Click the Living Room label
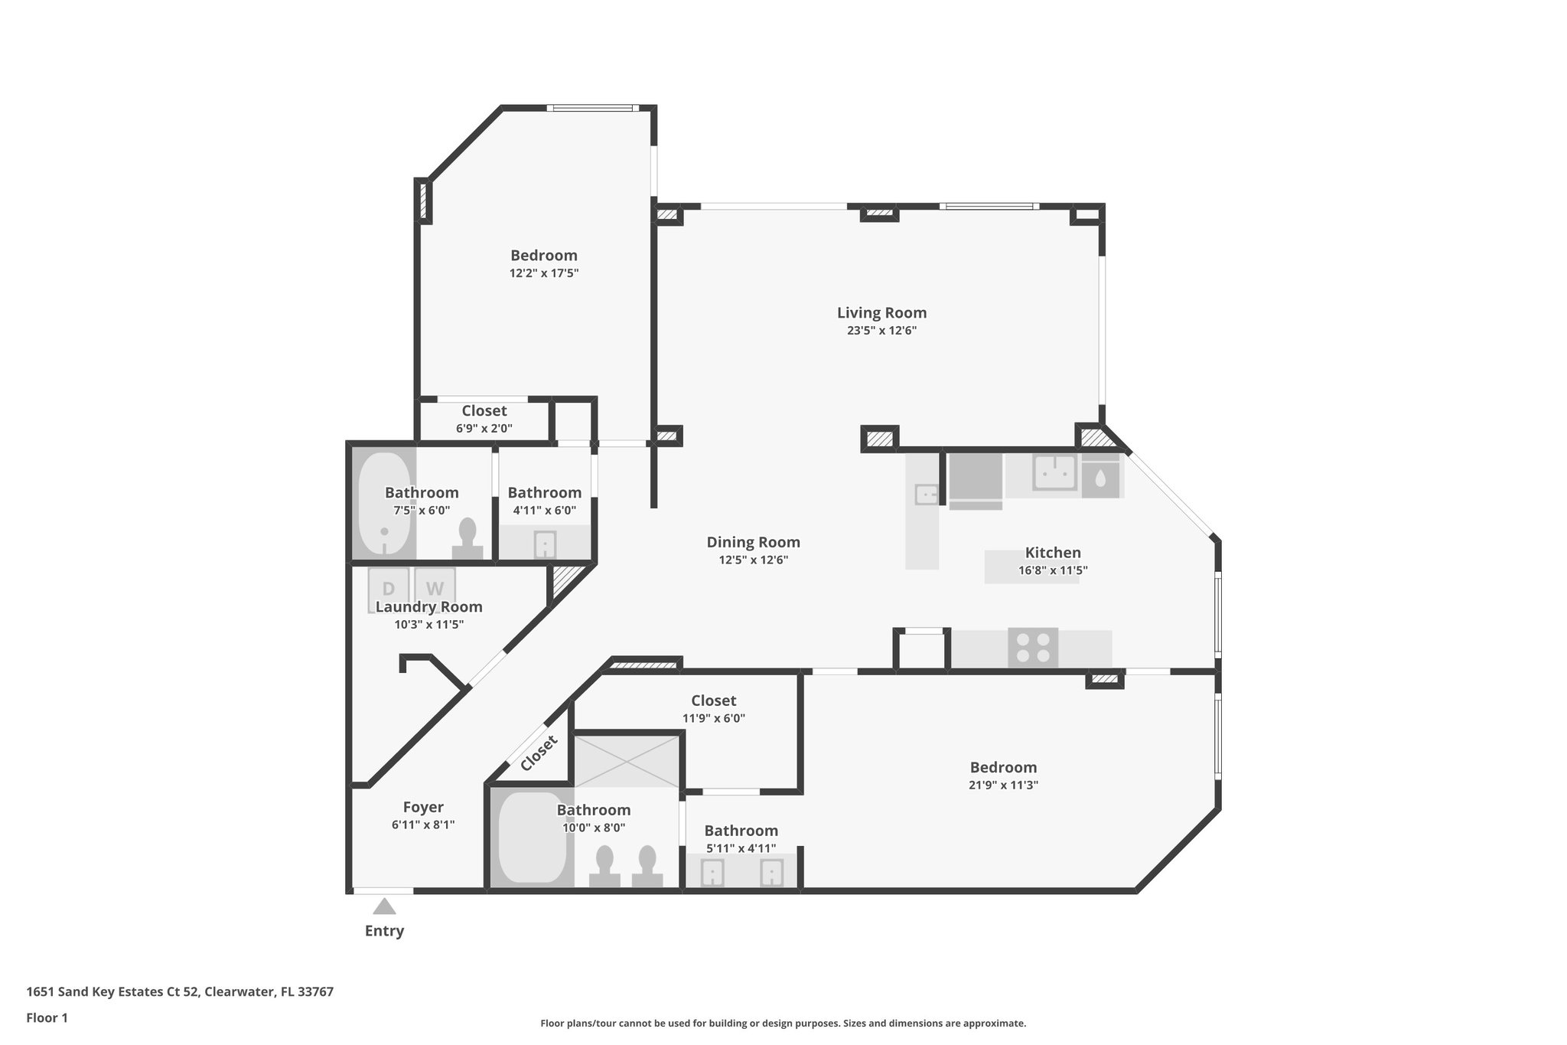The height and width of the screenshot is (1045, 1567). click(x=881, y=312)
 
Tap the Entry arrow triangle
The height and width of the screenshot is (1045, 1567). click(x=384, y=907)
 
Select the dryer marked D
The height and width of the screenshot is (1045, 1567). click(x=388, y=587)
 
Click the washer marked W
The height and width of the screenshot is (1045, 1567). click(x=435, y=587)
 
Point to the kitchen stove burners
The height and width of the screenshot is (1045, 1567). click(x=1033, y=647)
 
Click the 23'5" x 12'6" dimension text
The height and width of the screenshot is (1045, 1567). click(x=881, y=331)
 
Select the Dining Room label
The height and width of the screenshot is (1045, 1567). click(x=753, y=542)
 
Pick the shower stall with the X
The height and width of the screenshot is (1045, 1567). click(x=627, y=761)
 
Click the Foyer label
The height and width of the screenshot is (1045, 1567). click(x=423, y=807)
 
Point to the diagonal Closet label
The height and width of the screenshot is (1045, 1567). click(x=539, y=754)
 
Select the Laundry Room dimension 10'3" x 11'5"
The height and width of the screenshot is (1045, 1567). click(x=428, y=624)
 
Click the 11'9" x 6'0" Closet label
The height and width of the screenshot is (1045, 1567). click(x=713, y=700)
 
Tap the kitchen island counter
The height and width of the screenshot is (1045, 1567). click(x=1031, y=567)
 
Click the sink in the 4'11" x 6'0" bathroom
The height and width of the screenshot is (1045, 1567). click(x=545, y=545)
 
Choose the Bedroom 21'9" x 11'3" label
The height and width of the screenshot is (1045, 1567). click(x=1003, y=767)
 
